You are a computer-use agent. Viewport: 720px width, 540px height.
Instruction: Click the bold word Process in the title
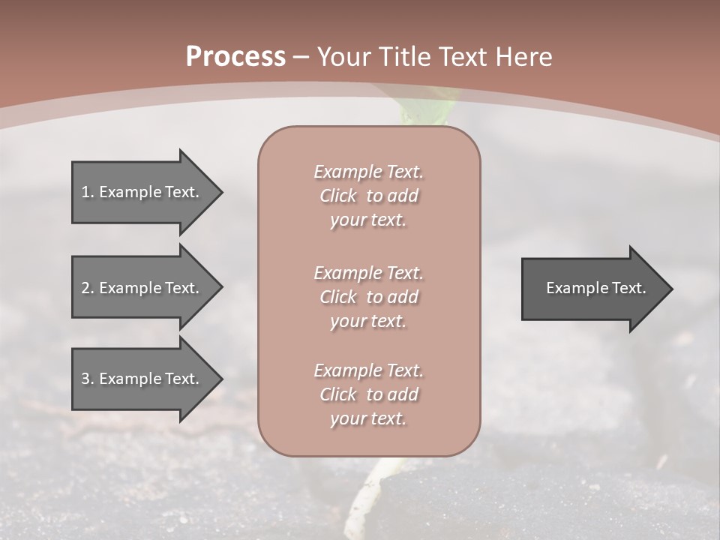coord(235,57)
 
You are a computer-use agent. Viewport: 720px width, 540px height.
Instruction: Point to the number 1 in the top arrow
coord(85,192)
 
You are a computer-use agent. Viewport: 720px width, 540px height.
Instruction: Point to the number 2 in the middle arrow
coord(85,288)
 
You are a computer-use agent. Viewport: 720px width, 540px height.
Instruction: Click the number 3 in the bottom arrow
coord(85,379)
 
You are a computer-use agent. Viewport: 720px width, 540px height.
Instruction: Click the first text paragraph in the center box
coord(368,196)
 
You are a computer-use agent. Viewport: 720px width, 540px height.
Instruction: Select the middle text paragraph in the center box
coord(368,297)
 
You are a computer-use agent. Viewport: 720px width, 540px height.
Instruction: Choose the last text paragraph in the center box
coord(368,394)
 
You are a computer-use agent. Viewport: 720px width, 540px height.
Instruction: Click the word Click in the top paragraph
coord(338,196)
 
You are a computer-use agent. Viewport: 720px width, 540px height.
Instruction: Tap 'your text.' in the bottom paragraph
coord(368,418)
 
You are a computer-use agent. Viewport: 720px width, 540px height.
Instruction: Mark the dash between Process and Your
coord(301,57)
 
